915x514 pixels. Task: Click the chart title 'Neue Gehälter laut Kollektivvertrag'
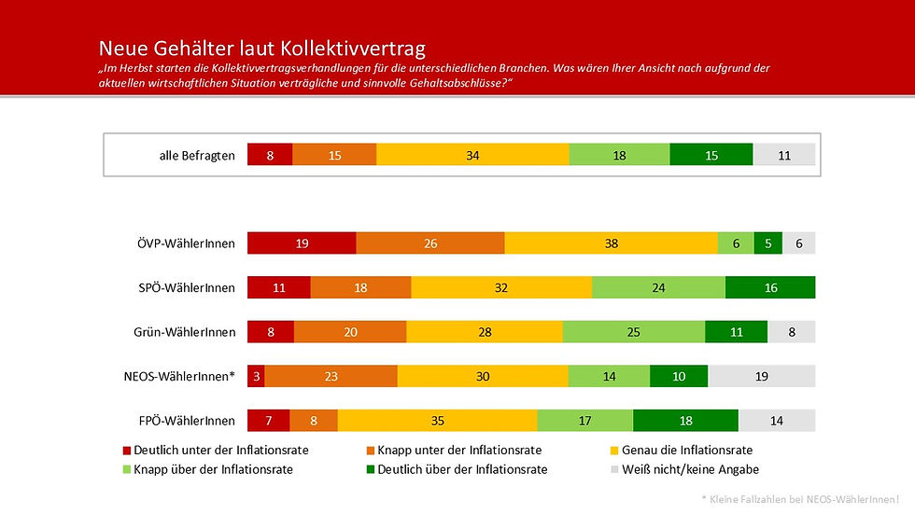click(x=262, y=49)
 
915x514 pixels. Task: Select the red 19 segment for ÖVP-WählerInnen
click(x=302, y=243)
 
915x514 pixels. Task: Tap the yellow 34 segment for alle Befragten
click(x=472, y=155)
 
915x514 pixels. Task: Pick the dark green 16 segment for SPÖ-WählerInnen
click(x=770, y=287)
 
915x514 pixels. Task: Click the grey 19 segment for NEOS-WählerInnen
click(x=762, y=376)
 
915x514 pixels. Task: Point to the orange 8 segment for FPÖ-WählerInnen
click(x=314, y=421)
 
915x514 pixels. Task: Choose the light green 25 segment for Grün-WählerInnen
click(x=633, y=331)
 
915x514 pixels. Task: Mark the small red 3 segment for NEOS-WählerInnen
click(x=256, y=376)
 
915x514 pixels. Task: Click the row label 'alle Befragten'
click(x=197, y=156)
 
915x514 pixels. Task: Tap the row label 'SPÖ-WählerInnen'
click(x=186, y=288)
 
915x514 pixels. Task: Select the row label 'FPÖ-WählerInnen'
click(x=186, y=422)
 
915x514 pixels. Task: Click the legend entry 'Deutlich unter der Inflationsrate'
click(x=215, y=450)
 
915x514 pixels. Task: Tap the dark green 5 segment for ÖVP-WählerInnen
click(x=767, y=243)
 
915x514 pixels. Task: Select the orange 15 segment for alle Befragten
click(x=334, y=155)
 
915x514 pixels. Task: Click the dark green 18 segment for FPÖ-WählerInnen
click(x=685, y=421)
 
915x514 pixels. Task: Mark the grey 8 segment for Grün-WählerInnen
click(x=791, y=331)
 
